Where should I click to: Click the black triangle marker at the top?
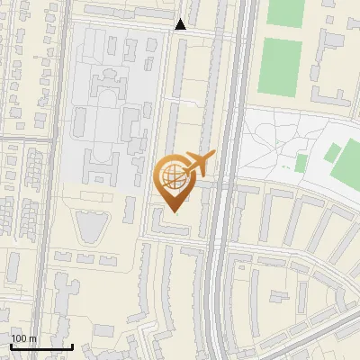[180, 24]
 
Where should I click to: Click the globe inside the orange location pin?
[171, 174]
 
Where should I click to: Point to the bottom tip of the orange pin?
[174, 212]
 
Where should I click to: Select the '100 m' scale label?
[23, 338]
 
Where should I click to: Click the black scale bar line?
[41, 346]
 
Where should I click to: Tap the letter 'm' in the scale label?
[32, 338]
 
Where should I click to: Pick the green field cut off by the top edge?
[286, 11]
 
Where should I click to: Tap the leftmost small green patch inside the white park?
[301, 162]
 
